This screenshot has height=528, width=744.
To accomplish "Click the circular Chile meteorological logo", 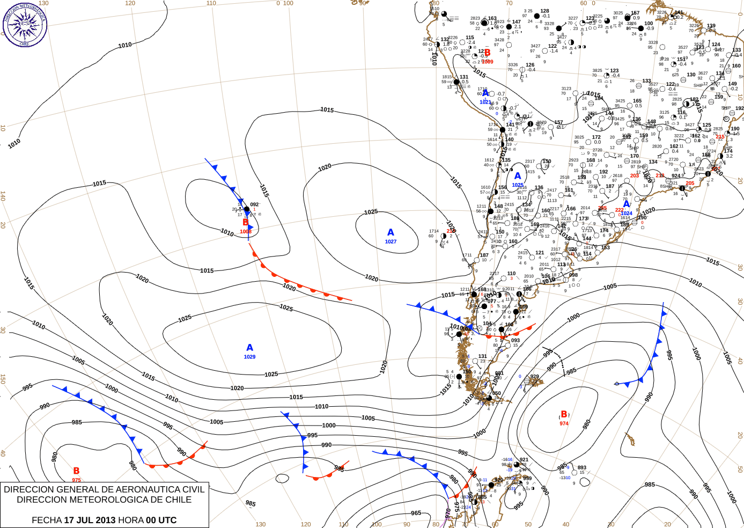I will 25,25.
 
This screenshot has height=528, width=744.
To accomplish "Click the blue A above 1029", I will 249,348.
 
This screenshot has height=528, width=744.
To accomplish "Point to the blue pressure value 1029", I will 249,357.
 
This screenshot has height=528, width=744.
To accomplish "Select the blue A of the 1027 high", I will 391,232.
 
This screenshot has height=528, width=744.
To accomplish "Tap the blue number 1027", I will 391,242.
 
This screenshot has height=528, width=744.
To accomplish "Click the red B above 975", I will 76,471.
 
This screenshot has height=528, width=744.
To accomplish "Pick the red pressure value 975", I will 76,480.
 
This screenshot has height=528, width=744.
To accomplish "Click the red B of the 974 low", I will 564,414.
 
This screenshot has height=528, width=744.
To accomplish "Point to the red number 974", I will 564,423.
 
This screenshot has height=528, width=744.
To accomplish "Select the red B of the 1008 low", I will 246,222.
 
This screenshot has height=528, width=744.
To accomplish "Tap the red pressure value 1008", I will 246,232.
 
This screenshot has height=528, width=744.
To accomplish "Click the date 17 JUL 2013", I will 90,520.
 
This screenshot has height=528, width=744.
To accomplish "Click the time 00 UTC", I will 161,520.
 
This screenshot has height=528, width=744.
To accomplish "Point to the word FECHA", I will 47,520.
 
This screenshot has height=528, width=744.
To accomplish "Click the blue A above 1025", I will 518,175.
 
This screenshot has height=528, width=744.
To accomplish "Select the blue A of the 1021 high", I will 485,93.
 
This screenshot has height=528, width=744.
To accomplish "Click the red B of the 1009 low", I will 487,53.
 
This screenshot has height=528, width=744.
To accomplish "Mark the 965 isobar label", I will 416,513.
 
